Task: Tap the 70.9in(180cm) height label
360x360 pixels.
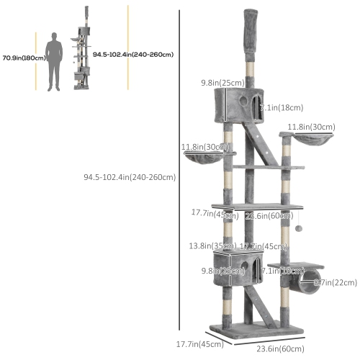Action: [x=21, y=57]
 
